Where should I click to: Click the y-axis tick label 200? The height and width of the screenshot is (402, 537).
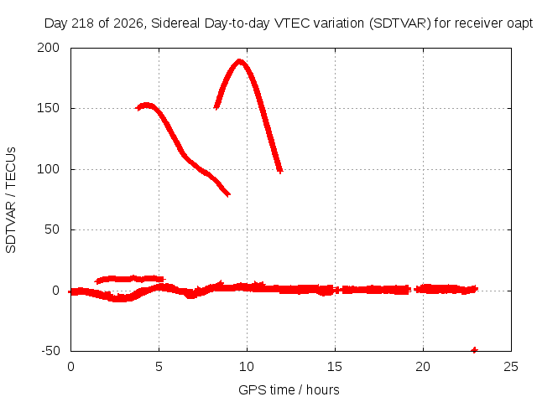(49, 48)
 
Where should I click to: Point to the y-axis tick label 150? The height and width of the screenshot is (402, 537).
(49, 108)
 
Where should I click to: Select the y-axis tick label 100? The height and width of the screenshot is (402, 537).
(49, 169)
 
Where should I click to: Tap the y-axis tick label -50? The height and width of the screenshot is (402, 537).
(50, 351)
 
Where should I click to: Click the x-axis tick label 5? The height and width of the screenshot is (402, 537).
(159, 367)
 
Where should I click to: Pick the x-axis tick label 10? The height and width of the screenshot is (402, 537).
(247, 367)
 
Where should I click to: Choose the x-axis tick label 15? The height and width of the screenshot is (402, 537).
(335, 367)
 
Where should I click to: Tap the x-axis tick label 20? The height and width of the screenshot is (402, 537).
(423, 367)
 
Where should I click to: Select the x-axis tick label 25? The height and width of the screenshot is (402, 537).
(511, 367)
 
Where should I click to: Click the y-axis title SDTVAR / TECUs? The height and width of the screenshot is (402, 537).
(11, 200)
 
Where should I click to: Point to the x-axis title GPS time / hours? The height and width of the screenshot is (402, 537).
(289, 389)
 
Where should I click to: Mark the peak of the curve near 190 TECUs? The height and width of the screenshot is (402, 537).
(239, 61)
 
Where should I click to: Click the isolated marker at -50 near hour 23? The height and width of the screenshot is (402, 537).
(474, 350)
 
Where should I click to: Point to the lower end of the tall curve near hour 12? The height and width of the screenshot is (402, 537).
(280, 170)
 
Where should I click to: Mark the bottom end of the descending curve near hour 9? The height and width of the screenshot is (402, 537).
(228, 194)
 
